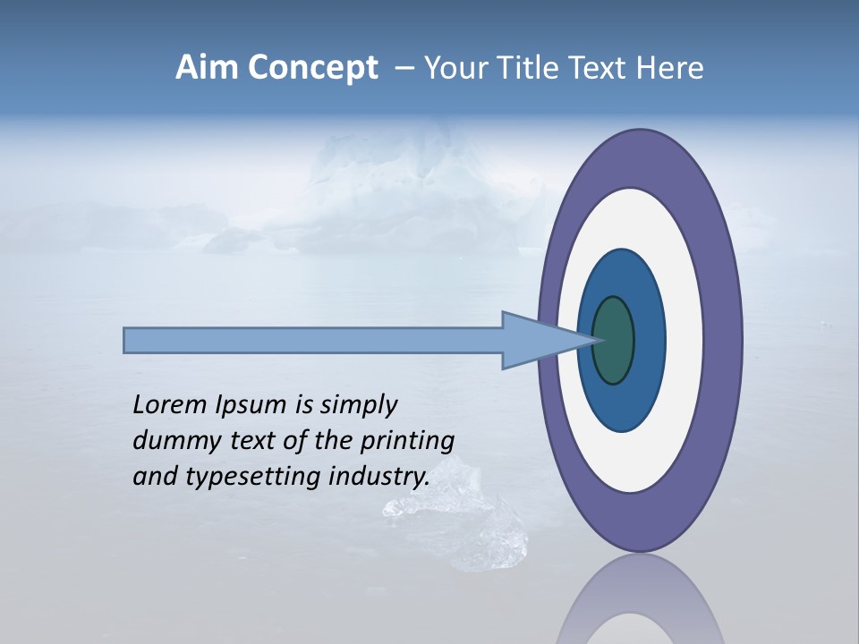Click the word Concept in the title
pyautogui.click(x=312, y=68)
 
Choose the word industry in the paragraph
pyautogui.click(x=379, y=476)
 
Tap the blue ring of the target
pyautogui.click(x=650, y=341)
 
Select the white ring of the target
pyautogui.click(x=685, y=341)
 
